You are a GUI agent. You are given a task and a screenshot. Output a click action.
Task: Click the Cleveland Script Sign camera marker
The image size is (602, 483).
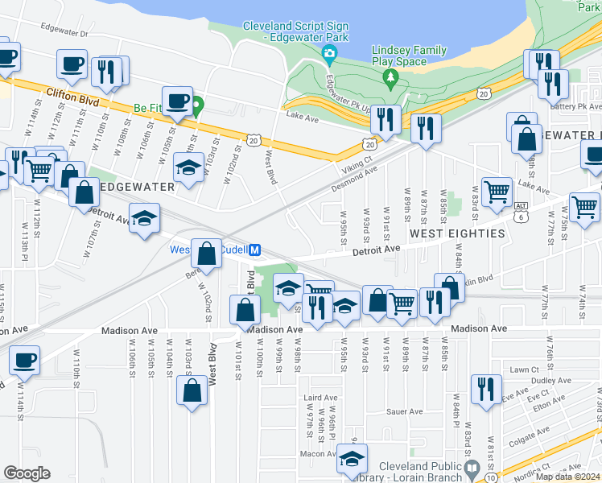click(x=329, y=55)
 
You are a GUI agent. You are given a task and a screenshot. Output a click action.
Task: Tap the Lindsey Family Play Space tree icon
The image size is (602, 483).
click(x=391, y=78)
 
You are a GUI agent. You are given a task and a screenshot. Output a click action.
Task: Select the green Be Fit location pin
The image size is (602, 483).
click(x=196, y=105)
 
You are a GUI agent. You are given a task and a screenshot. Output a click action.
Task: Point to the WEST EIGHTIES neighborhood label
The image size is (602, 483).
click(x=457, y=233)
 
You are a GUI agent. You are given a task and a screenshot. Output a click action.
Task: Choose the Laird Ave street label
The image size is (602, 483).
click(x=320, y=398)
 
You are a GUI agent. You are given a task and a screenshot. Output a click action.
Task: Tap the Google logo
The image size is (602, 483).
click(x=27, y=473)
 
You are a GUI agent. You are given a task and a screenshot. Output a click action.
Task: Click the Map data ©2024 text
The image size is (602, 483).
click(x=568, y=477)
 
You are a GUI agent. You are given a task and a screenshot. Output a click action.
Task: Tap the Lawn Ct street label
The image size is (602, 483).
click(x=523, y=369)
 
